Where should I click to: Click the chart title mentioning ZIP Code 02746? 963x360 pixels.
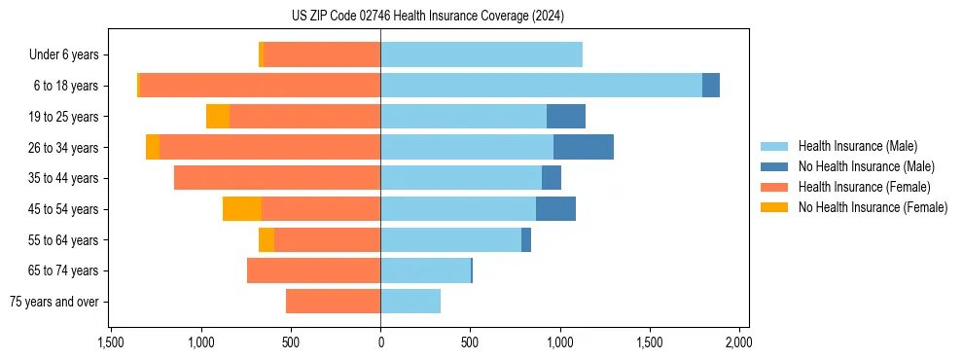click(427, 17)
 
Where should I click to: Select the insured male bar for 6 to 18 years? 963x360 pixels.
click(541, 86)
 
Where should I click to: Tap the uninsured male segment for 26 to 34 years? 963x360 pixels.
click(584, 147)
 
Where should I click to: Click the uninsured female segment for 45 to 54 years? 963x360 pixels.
click(242, 209)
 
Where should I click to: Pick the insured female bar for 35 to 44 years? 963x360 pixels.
click(277, 178)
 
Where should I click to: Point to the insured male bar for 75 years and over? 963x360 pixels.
click(410, 302)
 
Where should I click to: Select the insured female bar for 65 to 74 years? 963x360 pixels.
click(313, 270)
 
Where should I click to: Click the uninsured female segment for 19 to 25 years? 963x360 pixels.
click(218, 117)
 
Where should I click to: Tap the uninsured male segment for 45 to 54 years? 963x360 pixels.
click(555, 209)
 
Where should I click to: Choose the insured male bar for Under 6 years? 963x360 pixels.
click(481, 54)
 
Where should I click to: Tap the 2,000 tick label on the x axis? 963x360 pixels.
click(739, 342)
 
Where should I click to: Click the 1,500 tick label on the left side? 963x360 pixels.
click(111, 342)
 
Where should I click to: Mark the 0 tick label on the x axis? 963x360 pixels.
click(380, 342)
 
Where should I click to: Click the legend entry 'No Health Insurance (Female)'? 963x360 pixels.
click(873, 207)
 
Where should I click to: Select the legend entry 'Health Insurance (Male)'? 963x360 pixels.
click(857, 146)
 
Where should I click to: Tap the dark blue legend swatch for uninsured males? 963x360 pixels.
click(774, 166)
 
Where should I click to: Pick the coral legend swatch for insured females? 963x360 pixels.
click(774, 187)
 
